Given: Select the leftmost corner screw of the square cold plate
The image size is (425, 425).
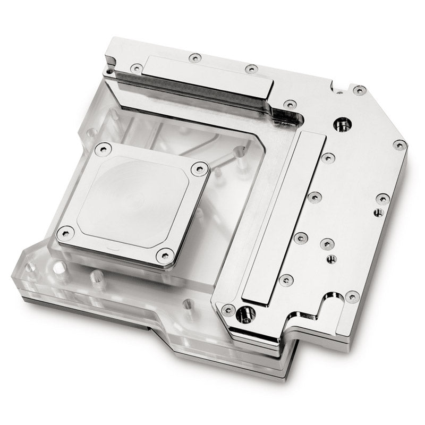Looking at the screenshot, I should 66,232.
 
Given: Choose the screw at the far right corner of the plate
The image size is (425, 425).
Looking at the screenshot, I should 398,144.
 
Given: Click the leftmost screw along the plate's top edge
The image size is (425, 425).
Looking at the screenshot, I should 137,68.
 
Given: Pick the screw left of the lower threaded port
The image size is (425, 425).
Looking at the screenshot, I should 228,309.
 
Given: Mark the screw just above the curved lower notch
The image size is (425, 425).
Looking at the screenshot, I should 351,295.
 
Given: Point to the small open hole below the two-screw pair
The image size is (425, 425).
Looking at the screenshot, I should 331,259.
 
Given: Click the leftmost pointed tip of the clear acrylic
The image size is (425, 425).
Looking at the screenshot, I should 14,276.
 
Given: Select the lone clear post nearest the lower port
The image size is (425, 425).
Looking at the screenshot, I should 187,304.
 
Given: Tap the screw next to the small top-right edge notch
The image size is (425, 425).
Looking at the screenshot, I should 359,90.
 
